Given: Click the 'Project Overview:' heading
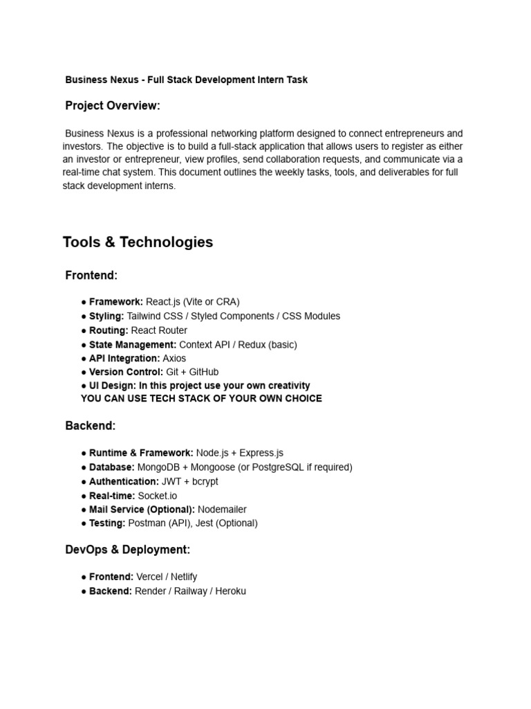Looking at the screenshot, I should (x=113, y=106).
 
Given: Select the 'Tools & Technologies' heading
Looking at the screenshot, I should (x=138, y=242).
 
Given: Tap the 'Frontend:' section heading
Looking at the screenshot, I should (x=91, y=276).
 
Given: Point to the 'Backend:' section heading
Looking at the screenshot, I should (x=91, y=425).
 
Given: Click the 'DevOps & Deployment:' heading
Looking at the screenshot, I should (x=127, y=550).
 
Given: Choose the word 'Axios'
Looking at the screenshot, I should (x=175, y=359).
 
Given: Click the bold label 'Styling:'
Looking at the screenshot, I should (x=106, y=316).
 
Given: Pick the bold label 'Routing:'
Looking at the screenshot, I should (x=109, y=330).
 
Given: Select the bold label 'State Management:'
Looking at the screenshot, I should (x=133, y=345).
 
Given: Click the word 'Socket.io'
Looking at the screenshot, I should (x=158, y=496).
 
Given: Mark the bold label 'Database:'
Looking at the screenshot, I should (x=112, y=467).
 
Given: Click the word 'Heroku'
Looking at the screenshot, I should (x=230, y=591).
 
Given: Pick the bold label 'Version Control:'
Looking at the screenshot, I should (x=126, y=372).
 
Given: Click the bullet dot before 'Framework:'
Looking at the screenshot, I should (x=84, y=303).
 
